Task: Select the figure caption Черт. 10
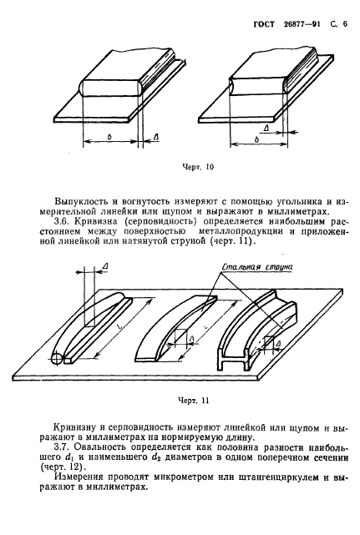coord(197,167)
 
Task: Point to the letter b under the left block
coord(110,133)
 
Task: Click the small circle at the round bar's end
coord(56,361)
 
